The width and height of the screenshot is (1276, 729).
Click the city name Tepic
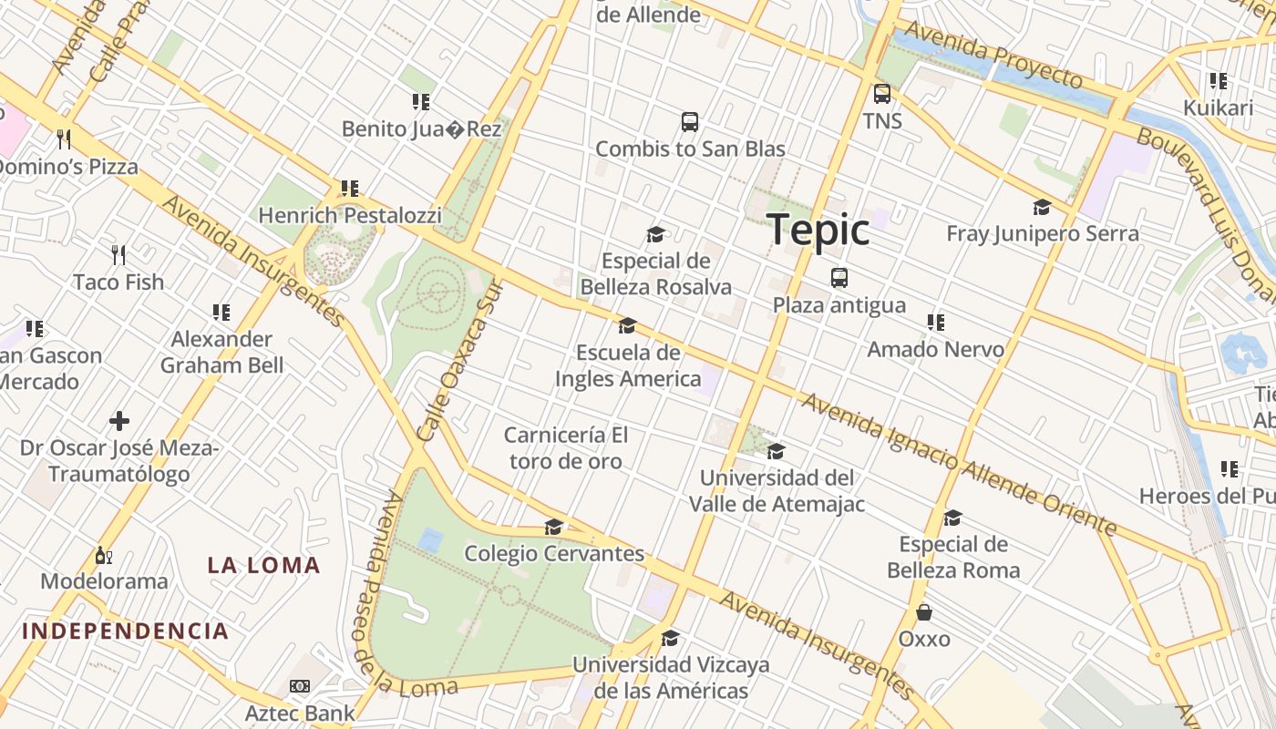(818, 230)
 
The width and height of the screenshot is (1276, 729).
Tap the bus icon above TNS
(881, 94)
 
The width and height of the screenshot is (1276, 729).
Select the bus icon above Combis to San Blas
(690, 122)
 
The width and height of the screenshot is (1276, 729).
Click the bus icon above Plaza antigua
(839, 278)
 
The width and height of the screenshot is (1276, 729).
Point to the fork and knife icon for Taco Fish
(118, 254)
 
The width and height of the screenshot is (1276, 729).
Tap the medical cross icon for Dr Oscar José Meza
(119, 421)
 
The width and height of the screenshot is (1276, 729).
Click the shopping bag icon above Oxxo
(924, 612)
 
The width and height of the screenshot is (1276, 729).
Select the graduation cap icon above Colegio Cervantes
(553, 527)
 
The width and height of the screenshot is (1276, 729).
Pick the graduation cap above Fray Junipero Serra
(1042, 207)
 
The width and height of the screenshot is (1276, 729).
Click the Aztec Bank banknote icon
(299, 686)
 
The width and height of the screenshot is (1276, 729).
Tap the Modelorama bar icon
(103, 555)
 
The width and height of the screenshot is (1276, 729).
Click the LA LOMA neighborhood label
(263, 565)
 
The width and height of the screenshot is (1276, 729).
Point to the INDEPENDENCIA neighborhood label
(125, 631)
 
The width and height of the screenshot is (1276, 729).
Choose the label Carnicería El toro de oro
(566, 447)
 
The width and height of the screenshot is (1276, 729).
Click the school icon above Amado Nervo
(935, 323)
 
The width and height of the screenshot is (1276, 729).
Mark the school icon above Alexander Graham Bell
(221, 313)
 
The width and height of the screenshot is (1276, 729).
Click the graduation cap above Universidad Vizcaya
(670, 638)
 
